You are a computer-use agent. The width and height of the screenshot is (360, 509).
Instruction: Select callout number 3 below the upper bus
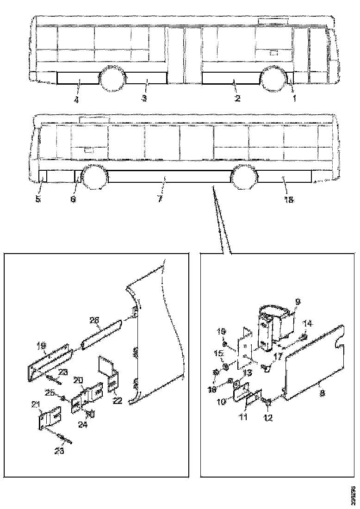[144, 99]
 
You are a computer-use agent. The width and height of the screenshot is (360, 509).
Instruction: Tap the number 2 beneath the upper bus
[237, 99]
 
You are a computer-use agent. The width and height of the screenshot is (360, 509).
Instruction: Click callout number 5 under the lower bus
[38, 199]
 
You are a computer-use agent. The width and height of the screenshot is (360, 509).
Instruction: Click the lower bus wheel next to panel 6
[94, 177]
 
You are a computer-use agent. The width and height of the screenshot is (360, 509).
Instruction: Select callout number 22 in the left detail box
[118, 400]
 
